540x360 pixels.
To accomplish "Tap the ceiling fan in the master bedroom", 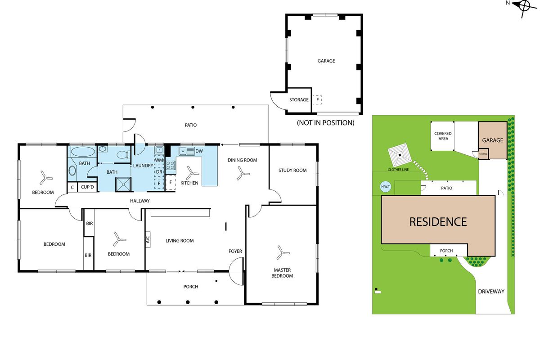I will pyautogui.click(x=281, y=252).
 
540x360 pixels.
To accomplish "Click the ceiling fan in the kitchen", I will pyautogui.click(x=193, y=171).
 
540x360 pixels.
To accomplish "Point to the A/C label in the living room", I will pyautogui.click(x=148, y=240).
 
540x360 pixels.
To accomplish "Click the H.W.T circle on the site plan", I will pyautogui.click(x=385, y=187).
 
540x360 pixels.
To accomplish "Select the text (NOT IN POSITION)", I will pyautogui.click(x=325, y=122).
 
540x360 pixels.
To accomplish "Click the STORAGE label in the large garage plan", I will pyautogui.click(x=299, y=100).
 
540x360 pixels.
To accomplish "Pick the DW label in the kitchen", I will pyautogui.click(x=199, y=151).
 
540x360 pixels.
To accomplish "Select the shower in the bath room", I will pyautogui.click(x=122, y=184).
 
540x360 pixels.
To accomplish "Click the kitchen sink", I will pyautogui.click(x=186, y=151).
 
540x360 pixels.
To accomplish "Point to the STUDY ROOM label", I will pyautogui.click(x=292, y=170).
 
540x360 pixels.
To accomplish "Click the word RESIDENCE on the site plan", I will pyautogui.click(x=437, y=221).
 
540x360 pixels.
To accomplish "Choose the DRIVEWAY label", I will pyautogui.click(x=491, y=292).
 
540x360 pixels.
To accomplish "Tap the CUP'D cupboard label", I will pyautogui.click(x=87, y=187).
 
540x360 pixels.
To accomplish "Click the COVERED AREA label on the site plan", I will pyautogui.click(x=443, y=136).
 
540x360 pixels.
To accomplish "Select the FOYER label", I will pyautogui.click(x=235, y=251).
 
